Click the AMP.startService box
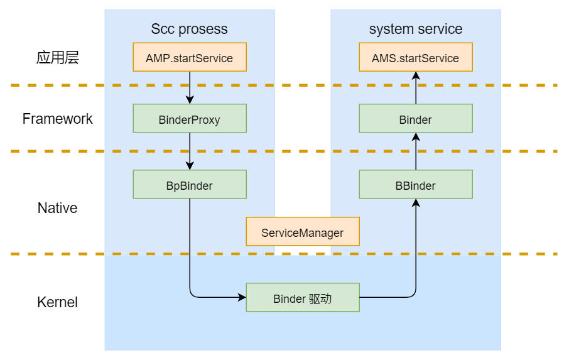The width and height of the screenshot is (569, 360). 189,57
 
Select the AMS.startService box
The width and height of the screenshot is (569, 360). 415,57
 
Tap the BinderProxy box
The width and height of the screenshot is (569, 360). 189,119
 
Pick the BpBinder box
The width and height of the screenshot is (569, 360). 189,185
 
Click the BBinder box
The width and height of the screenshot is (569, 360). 415,185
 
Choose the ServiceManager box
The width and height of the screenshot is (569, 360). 302,232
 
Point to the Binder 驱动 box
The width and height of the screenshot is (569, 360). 302,298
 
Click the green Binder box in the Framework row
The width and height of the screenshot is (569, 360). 415,119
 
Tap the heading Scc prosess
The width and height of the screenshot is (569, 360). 189,29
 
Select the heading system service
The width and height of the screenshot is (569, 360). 415,29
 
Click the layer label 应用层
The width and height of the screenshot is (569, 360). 57,58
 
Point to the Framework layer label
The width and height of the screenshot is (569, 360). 57,119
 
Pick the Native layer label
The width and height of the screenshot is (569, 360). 57,208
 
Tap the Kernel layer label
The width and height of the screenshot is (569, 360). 57,302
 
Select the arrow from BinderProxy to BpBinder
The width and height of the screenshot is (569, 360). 189,151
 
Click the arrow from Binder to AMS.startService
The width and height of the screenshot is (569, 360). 415,88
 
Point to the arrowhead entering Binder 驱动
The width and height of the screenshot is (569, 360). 242,298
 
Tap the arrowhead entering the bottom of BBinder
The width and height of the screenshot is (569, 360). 415,203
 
